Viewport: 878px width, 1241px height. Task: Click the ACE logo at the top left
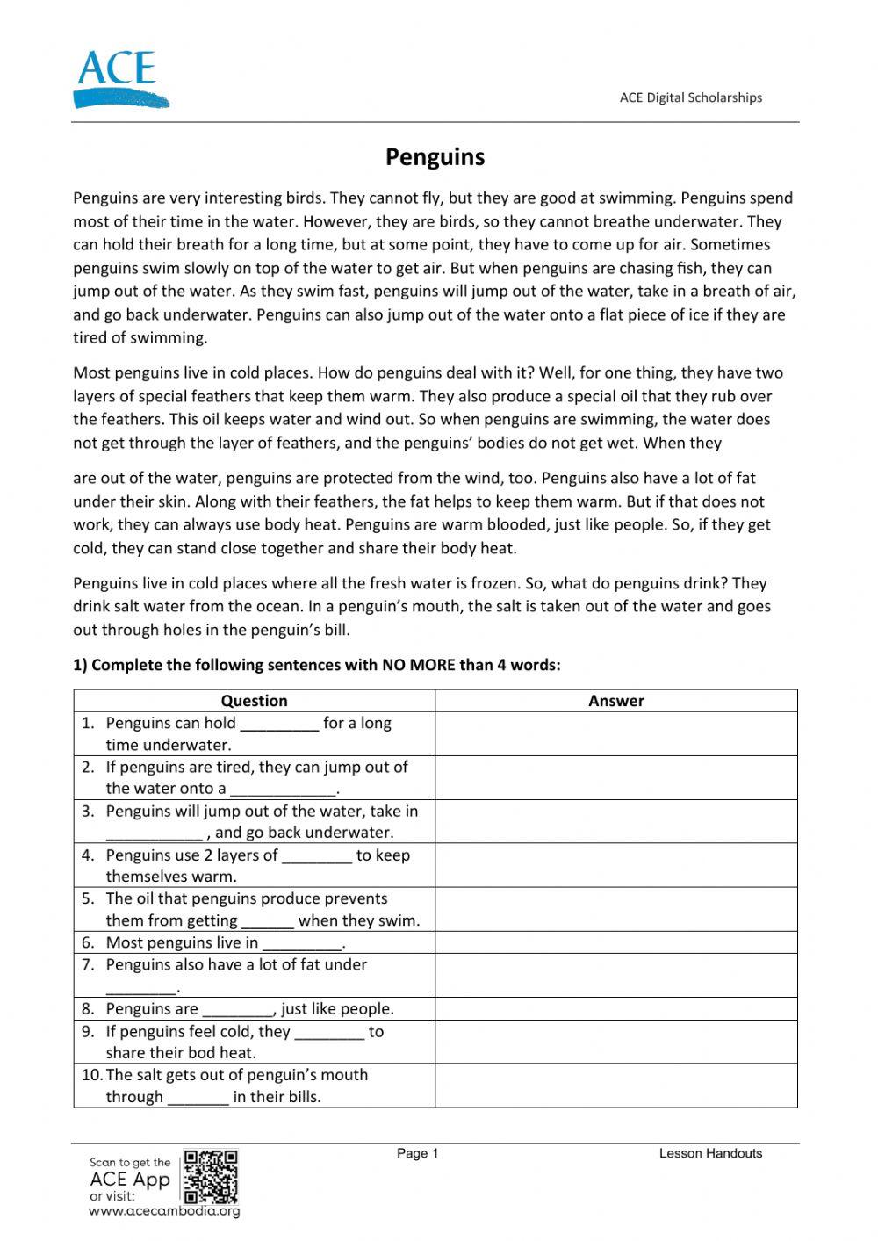pos(118,79)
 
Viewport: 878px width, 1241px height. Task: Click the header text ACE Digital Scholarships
pos(690,97)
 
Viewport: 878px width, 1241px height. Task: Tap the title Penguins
pos(435,157)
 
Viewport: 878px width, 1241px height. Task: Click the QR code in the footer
pos(212,1176)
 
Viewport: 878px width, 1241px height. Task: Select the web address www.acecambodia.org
pos(164,1211)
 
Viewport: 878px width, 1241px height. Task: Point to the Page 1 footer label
pos(417,1153)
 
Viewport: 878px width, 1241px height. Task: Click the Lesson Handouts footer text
pos(710,1153)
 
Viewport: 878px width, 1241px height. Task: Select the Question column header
pos(254,701)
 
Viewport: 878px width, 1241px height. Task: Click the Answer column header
pos(615,701)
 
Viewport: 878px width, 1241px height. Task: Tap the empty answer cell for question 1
pos(615,733)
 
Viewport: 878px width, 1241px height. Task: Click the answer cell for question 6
pos(615,942)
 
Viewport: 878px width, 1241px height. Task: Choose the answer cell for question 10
pos(615,1086)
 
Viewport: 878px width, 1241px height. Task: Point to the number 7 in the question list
pos(88,964)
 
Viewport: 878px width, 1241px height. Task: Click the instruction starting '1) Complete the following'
pos(316,665)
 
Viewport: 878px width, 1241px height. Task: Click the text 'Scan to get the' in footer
pos(130,1162)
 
